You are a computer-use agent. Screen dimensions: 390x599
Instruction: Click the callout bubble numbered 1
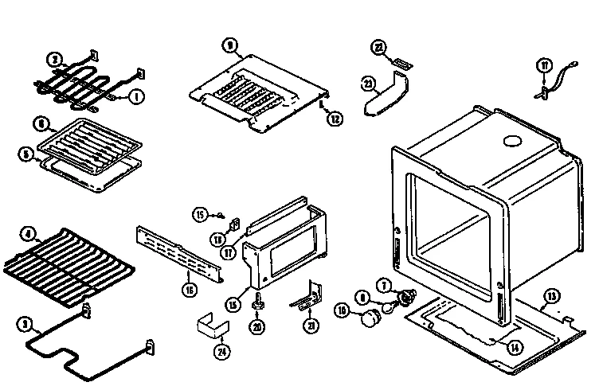click(x=135, y=97)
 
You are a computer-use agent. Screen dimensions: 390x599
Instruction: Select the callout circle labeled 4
click(x=29, y=235)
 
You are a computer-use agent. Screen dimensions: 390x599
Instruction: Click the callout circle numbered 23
click(x=367, y=82)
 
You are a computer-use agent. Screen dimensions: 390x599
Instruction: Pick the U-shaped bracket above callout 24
click(x=211, y=325)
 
